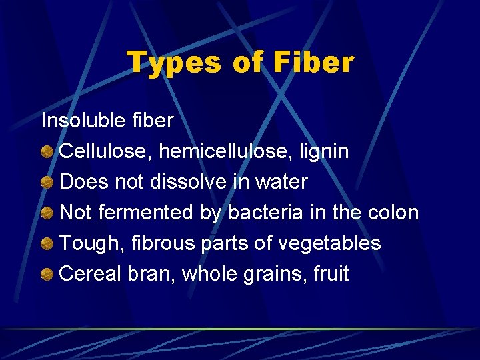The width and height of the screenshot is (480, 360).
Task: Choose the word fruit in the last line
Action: (331, 274)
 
